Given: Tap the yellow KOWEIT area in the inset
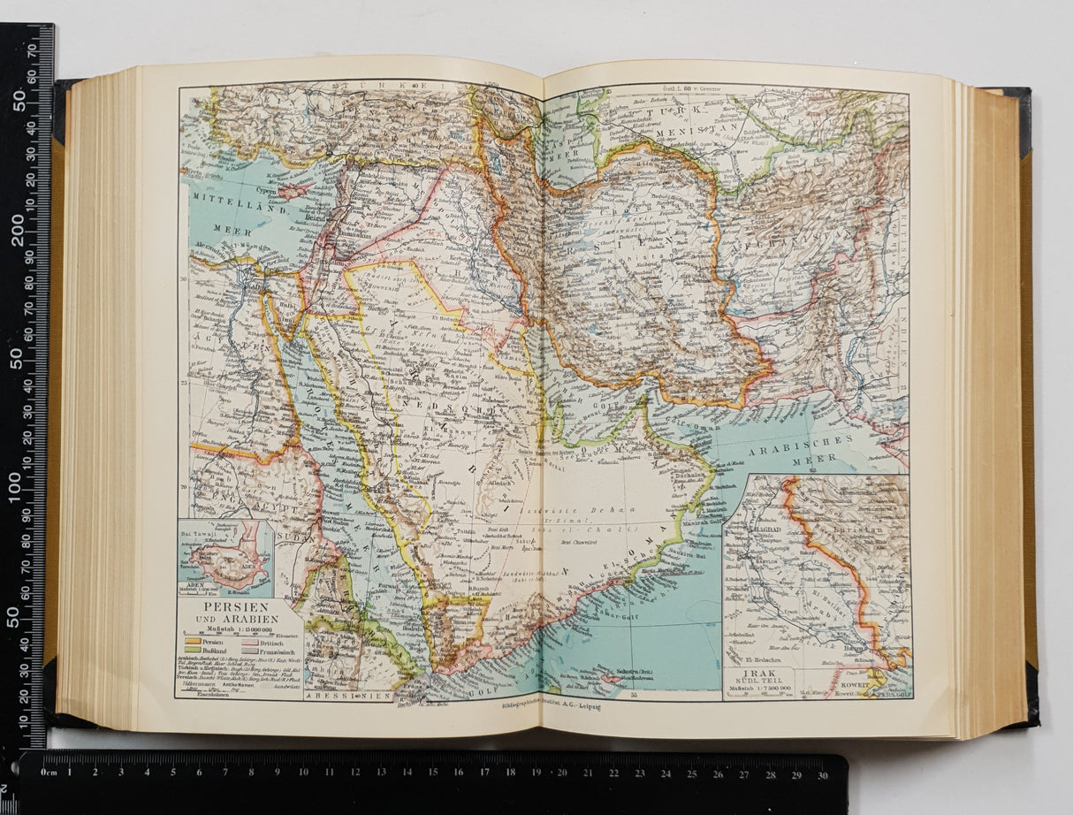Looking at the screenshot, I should click(876, 680).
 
